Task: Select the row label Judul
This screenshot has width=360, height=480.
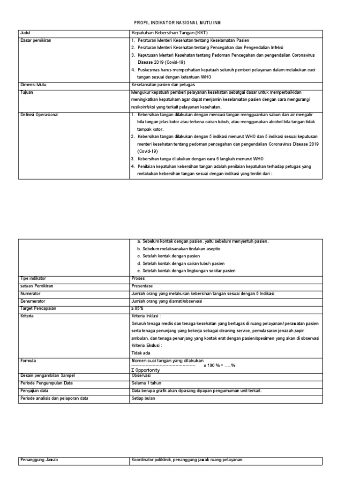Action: point(25,33)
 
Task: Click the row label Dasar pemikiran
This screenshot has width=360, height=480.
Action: point(35,41)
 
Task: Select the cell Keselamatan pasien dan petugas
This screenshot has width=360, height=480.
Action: point(163,85)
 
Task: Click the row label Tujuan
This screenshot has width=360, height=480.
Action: point(26,92)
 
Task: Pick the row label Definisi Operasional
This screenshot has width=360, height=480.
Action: point(39,114)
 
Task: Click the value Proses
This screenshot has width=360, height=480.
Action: point(139,278)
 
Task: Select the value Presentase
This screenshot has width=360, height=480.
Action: point(142,286)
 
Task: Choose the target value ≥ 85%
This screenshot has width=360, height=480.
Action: point(138,308)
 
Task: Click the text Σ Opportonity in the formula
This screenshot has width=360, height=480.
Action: point(146,370)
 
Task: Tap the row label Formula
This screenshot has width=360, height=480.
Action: point(28,361)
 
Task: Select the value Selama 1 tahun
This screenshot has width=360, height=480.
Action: point(146,383)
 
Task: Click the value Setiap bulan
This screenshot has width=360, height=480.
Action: point(143,398)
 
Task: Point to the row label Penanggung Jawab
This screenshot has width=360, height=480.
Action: point(38,460)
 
